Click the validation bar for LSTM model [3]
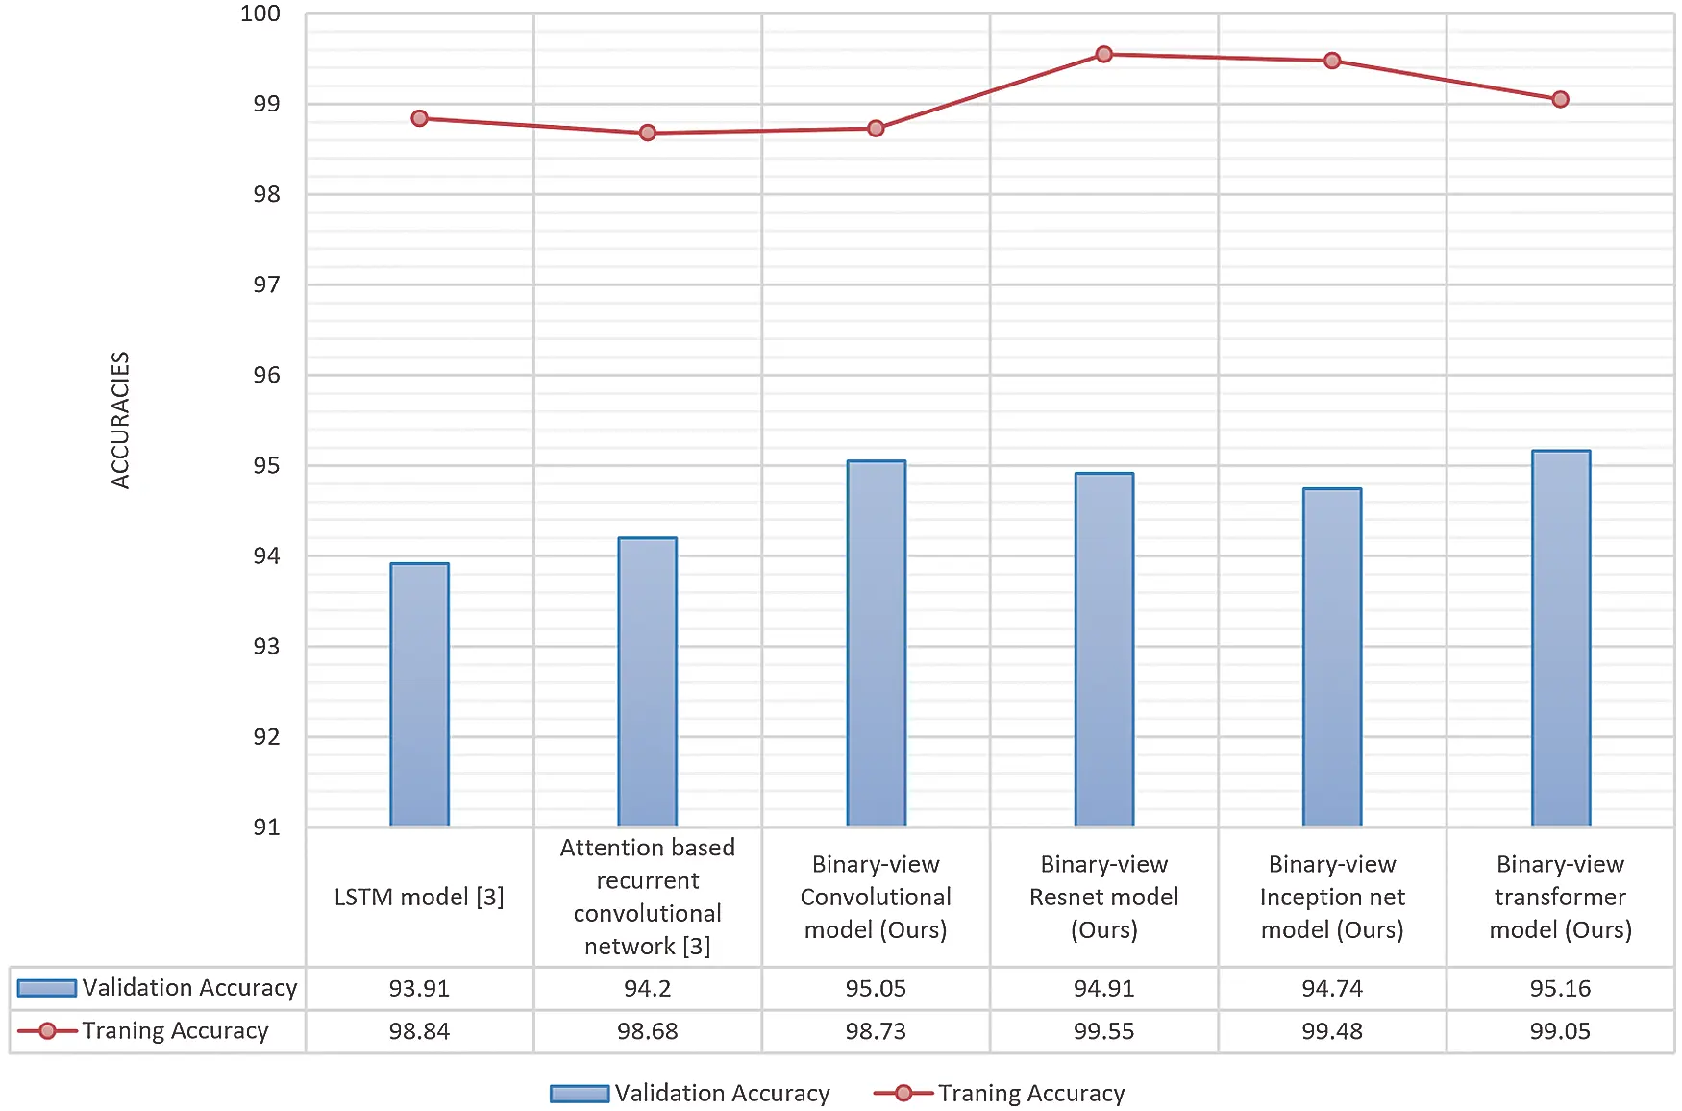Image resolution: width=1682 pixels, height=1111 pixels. pyautogui.click(x=419, y=694)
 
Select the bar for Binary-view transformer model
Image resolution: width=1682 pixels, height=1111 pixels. pyautogui.click(x=1560, y=638)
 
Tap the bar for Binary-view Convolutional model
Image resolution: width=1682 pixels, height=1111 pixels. pyautogui.click(x=876, y=643)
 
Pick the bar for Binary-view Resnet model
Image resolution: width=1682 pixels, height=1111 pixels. pyautogui.click(x=1103, y=649)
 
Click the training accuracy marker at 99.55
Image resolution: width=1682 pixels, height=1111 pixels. pyautogui.click(x=1103, y=54)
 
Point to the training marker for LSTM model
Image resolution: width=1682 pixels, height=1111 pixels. pyautogui.click(x=419, y=118)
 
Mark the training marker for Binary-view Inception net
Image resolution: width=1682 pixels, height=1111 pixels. pyautogui.click(x=1331, y=61)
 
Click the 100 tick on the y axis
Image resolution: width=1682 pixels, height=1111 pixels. pyautogui.click(x=260, y=13)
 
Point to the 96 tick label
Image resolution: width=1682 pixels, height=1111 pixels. pyautogui.click(x=266, y=375)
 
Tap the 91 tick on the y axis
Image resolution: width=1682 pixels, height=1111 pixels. pyautogui.click(x=266, y=827)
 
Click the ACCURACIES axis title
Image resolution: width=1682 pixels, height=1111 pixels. pyautogui.click(x=120, y=420)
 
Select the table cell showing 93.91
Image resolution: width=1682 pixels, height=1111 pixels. pyautogui.click(x=419, y=988)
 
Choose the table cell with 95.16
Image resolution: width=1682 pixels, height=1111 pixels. pyautogui.click(x=1560, y=988)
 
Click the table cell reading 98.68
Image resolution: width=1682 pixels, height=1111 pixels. pyautogui.click(x=647, y=1031)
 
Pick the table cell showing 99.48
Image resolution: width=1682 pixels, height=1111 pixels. pyautogui.click(x=1331, y=1031)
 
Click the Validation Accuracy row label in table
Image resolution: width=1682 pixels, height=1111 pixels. pyautogui.click(x=189, y=988)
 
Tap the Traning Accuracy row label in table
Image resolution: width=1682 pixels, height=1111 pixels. pyautogui.click(x=175, y=1031)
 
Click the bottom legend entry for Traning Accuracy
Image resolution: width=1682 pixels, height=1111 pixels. pyautogui.click(x=1030, y=1093)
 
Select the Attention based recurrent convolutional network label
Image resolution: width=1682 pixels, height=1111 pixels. pyautogui.click(x=647, y=896)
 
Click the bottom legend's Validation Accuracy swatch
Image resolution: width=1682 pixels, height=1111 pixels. pyautogui.click(x=580, y=1094)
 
